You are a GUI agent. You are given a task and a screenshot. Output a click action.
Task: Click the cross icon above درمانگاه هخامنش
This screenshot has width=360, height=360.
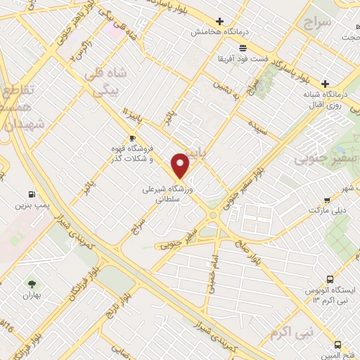coord(221,22)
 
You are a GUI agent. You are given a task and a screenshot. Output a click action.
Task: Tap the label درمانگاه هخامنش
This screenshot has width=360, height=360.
coord(221,32)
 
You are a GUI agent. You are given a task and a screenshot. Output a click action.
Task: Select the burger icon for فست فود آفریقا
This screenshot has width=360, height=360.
coord(243,47)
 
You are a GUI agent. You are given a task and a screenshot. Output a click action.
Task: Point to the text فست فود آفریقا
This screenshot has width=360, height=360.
coord(243,58)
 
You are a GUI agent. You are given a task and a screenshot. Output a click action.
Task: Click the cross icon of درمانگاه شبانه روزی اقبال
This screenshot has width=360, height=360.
coord(326,83)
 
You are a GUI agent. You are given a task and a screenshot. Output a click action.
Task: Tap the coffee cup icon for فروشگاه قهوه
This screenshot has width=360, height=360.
coord(131,139)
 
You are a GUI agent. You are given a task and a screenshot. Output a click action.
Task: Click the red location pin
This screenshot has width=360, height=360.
coord(181,165)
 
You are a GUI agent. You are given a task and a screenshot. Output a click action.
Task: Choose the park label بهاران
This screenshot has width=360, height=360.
coord(32,295)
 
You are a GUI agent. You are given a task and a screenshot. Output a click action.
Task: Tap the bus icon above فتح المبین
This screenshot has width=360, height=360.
coord(338,345)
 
